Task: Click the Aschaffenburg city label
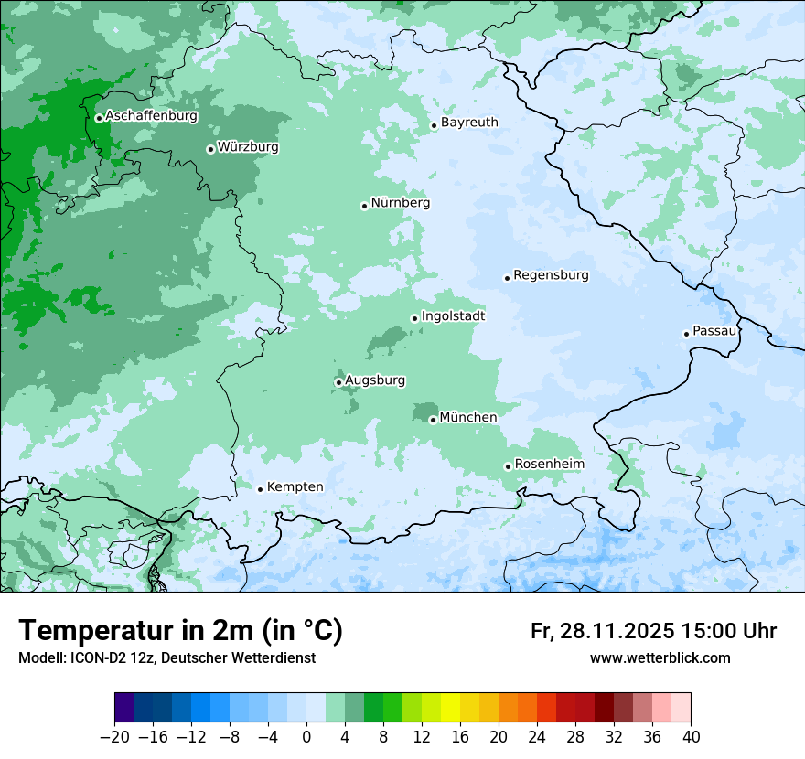[x=151, y=116]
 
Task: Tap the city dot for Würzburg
[x=210, y=149]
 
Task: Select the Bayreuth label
[x=469, y=123]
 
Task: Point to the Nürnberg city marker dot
[x=364, y=206]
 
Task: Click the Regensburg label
[x=551, y=275]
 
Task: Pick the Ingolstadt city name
[x=453, y=316]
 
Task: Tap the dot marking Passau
[x=686, y=334]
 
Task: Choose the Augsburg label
[x=375, y=380]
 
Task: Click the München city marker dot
[x=433, y=421]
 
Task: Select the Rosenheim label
[x=549, y=465]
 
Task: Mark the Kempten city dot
[x=260, y=489]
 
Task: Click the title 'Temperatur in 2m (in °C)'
[x=180, y=631]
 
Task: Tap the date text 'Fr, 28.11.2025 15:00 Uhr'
[x=653, y=632]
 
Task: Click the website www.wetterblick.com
[x=660, y=658]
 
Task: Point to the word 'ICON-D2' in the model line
[x=96, y=658]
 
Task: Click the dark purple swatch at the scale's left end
[x=124, y=708]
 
